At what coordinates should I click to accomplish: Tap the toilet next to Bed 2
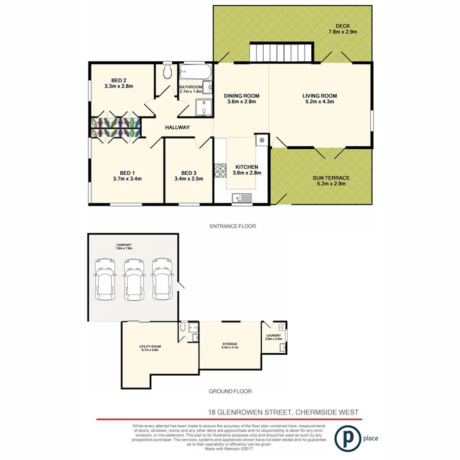tap(166, 73)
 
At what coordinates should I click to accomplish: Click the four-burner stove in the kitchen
tap(220, 171)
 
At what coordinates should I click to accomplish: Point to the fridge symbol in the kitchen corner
tap(261, 140)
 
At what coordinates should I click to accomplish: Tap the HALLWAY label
tap(177, 128)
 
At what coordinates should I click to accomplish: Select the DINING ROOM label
tap(242, 96)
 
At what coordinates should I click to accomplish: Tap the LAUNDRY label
tap(273, 336)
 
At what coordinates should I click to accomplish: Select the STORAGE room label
tap(229, 344)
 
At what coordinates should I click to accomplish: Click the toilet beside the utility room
tap(183, 327)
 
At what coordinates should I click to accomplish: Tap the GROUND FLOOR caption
tap(230, 392)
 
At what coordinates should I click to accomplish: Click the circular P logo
tap(346, 439)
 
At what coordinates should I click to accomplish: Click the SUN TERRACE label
tap(331, 177)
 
